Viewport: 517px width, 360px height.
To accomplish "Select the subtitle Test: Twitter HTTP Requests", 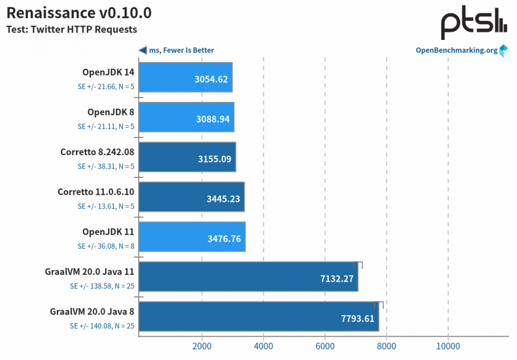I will coord(71,29).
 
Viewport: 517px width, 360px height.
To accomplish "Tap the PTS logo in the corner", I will coord(474,23).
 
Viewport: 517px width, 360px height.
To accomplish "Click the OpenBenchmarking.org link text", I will coord(457,50).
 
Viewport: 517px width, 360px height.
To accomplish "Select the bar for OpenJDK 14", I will coord(186,77).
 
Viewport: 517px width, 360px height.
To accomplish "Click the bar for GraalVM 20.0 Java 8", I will coord(258,317).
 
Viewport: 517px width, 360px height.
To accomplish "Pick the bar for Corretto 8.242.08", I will coord(187,157).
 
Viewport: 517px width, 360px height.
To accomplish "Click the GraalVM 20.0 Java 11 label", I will coord(90,272).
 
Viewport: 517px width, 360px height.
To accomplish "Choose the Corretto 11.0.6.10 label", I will coord(96,192).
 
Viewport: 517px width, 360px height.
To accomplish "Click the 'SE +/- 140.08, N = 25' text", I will coord(102,326).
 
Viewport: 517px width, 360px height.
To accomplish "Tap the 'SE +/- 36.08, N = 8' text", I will coord(106,246).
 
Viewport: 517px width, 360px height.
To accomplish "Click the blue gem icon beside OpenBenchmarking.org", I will coord(504,51).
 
